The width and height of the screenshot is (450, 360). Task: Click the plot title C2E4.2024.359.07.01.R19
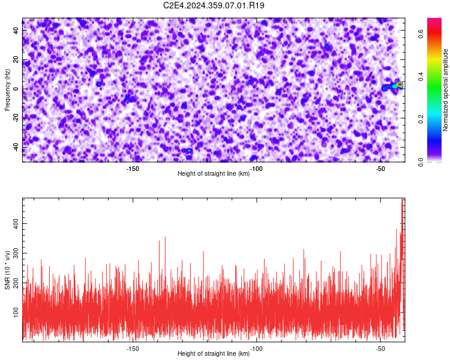(x=214, y=5)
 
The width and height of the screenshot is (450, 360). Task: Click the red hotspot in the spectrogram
(x=400, y=85)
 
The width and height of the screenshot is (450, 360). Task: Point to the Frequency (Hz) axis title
(x=7, y=90)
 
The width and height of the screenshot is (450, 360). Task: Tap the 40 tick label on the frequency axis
(x=16, y=31)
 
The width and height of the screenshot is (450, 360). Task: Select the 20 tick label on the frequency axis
(x=16, y=60)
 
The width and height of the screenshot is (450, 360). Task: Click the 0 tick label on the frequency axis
(x=16, y=89)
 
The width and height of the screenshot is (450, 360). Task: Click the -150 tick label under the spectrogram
(x=133, y=169)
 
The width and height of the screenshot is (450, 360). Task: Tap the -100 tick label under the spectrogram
(x=256, y=169)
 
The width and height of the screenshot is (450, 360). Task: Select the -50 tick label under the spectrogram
(x=380, y=169)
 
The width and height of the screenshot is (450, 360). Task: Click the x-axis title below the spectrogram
(x=214, y=173)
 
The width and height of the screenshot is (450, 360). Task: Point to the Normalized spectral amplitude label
(x=445, y=90)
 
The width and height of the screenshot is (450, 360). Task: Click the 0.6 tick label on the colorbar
(x=421, y=34)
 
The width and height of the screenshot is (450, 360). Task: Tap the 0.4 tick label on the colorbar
(x=421, y=77)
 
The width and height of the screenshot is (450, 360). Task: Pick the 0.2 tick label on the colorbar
(x=421, y=119)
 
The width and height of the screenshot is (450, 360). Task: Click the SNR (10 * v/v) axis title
(x=8, y=270)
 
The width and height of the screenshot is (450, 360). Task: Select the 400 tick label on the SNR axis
(x=16, y=223)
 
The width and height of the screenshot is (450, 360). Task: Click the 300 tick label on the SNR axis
(x=16, y=253)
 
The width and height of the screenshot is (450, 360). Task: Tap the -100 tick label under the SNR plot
(x=256, y=349)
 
